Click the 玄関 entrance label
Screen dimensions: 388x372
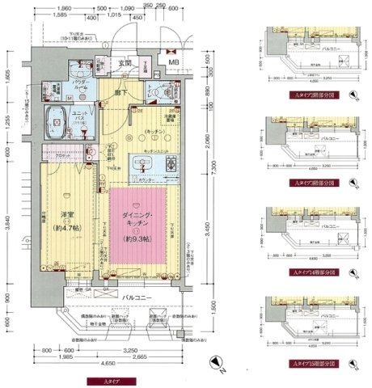pos(125,62)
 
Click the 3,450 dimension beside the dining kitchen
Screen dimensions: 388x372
pos(205,234)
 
